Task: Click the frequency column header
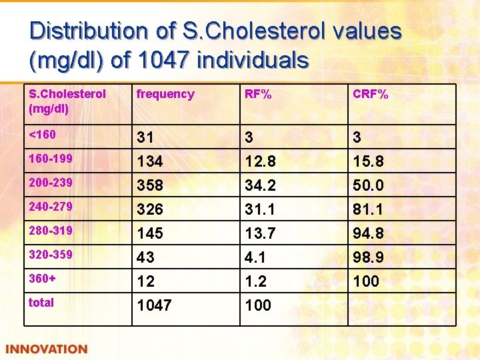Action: pos(165,94)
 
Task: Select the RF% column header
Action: pos(258,94)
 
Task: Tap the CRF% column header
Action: pos(371,94)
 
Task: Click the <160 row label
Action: pos(43,135)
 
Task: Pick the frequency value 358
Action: pos(150,185)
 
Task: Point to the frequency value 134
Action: pos(150,161)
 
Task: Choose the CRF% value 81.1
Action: pos(369,209)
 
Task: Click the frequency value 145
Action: pos(150,233)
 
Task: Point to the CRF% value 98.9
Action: pos(369,257)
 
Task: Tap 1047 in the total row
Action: pos(154,305)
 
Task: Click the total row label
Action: pos(41,303)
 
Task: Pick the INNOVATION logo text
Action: pos(47,349)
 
